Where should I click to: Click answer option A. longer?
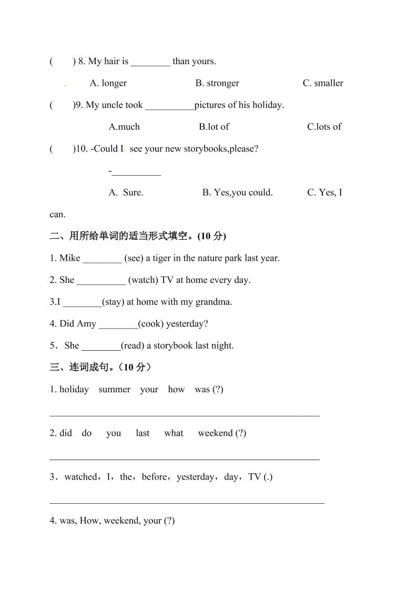pos(108,83)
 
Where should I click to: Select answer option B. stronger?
pos(217,83)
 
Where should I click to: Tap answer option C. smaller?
pos(323,83)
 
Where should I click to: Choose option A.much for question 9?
pos(124,127)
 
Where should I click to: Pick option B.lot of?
pos(214,127)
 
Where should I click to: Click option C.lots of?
pos(324,127)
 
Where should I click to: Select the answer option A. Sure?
pos(126,192)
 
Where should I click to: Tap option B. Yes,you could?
pos(238,192)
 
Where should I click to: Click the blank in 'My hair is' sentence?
pos(150,62)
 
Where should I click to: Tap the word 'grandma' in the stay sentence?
pos(213,302)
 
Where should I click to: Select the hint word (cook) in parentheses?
pos(151,324)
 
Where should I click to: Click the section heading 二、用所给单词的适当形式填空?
pos(138,236)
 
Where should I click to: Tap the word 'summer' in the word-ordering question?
pos(114,390)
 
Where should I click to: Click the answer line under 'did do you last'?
pos(184,459)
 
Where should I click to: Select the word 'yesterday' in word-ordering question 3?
pos(195,477)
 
